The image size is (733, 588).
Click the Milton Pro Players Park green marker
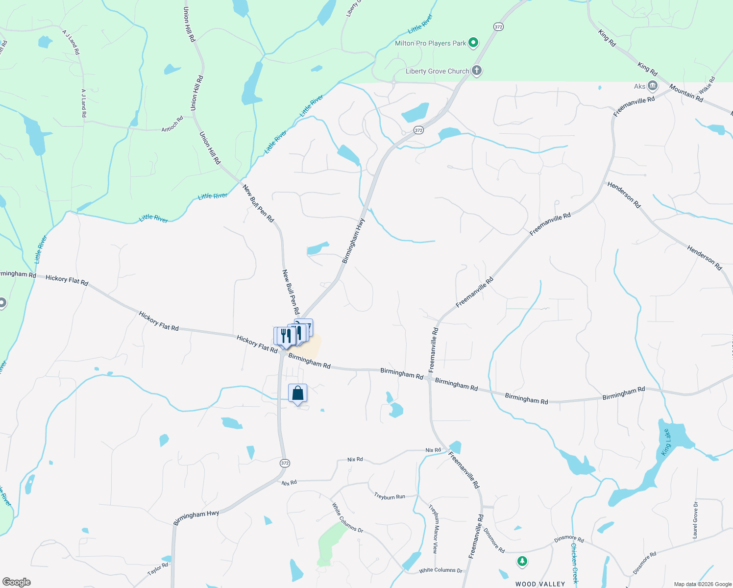click(473, 43)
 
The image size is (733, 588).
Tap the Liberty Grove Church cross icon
click(476, 71)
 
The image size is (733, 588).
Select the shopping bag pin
click(297, 393)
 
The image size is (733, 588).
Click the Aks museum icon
click(652, 86)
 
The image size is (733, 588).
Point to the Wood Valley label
click(540, 584)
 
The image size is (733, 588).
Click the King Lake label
click(666, 442)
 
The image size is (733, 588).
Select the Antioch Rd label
click(172, 123)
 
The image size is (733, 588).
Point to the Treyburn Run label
click(390, 496)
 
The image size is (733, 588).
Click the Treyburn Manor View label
click(433, 529)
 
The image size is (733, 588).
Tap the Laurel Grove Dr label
click(695, 520)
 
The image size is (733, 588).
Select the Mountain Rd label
click(686, 93)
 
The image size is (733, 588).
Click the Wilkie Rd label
click(707, 85)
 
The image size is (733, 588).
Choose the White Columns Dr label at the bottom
click(440, 570)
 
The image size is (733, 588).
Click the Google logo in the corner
click(17, 582)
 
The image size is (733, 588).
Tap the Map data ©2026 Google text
click(703, 584)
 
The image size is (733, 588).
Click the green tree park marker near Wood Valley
click(522, 561)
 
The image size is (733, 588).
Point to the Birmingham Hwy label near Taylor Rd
click(196, 517)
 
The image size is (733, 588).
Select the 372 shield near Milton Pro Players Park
click(498, 27)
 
